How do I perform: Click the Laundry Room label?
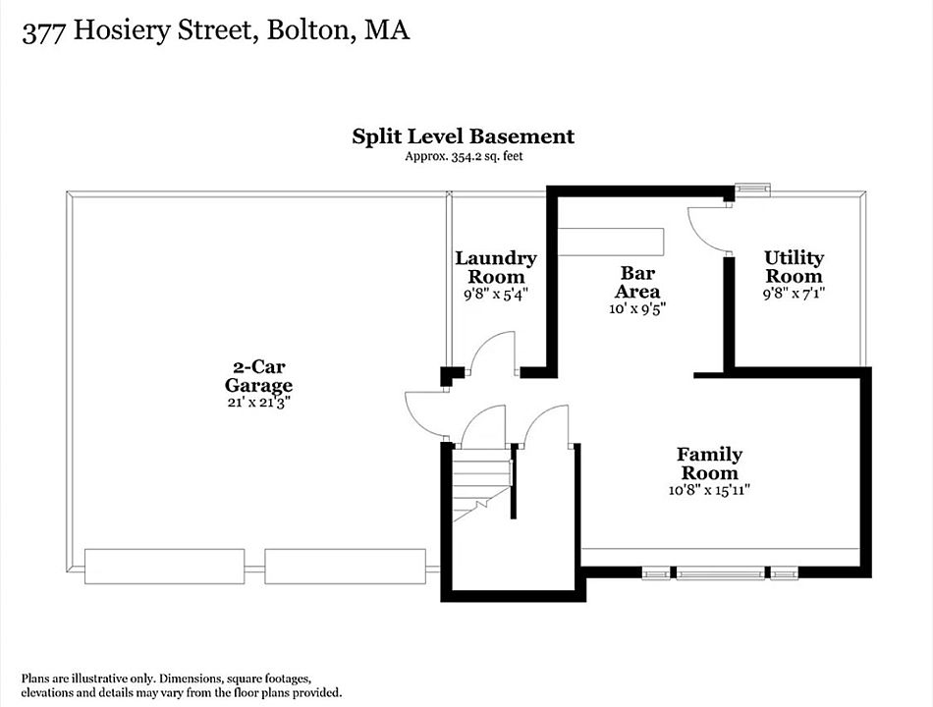coord(496,267)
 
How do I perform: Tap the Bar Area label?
coord(637,282)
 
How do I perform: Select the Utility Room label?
coord(794,267)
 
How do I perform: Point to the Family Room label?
coord(709,463)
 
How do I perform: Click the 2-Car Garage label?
coord(258,376)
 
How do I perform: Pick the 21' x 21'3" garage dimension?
coord(258,403)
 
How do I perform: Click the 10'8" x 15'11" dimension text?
coord(709,490)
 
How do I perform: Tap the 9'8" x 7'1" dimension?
coord(794,294)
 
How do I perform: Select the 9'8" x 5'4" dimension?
coord(496,294)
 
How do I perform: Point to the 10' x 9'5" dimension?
coord(636,309)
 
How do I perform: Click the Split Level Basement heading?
coord(463,136)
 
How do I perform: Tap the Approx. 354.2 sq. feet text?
coord(465,156)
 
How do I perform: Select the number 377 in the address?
coord(43,31)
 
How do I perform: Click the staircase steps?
coord(482,484)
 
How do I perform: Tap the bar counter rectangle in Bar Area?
coord(610,242)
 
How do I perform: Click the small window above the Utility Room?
coord(752,190)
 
